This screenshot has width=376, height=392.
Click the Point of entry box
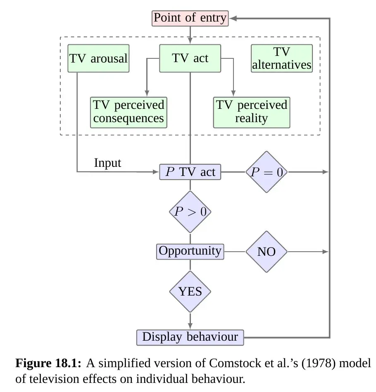190,18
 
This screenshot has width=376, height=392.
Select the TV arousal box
98,58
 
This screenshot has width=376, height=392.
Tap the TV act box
190,58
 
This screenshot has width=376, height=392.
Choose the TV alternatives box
282,58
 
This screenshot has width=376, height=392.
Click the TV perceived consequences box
129,112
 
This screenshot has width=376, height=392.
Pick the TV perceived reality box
251,112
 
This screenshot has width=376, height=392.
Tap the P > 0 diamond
190,212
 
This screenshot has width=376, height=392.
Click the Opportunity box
190,251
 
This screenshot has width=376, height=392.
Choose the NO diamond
267,252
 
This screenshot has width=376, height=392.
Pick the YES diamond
190,291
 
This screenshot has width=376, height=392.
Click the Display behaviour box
190,337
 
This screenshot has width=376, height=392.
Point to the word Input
108,163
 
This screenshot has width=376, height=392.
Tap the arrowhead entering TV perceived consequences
145,94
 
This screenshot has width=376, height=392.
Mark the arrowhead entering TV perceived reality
233,94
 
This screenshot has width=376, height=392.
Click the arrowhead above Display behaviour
190,326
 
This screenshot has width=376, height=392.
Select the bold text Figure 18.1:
48,364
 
